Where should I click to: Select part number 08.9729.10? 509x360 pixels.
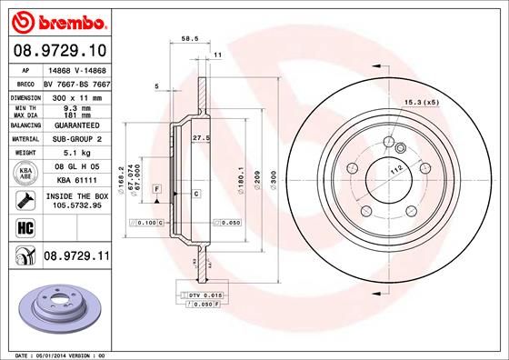pos(61,51)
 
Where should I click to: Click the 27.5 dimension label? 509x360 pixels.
pos(202,137)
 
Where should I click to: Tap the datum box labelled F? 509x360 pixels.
pos(158,187)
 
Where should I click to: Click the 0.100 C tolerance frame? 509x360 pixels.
pos(147,222)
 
